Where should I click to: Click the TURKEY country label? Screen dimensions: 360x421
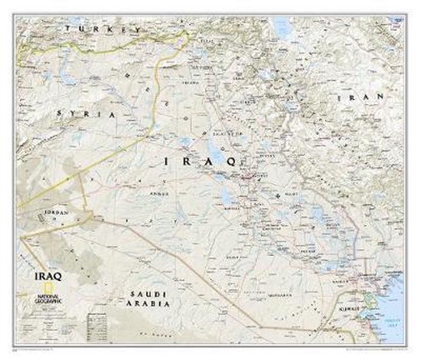point(103,28)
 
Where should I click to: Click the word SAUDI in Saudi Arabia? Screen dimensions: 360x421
point(146,293)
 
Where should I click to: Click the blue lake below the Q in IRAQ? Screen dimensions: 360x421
point(229,195)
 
